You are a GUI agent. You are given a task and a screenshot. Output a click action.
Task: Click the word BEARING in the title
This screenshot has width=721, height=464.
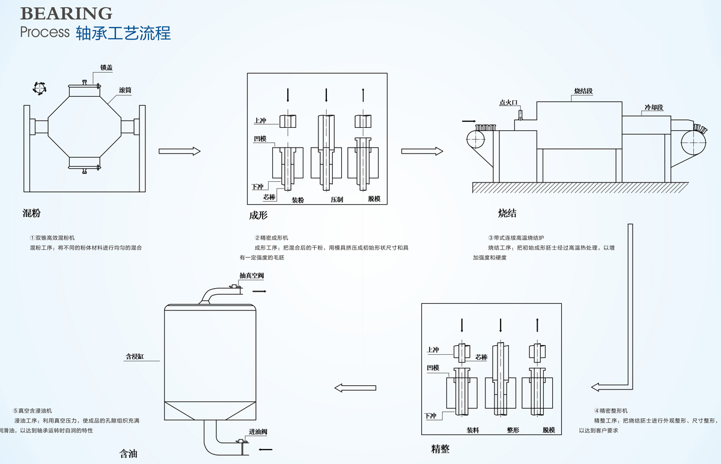point(66,13)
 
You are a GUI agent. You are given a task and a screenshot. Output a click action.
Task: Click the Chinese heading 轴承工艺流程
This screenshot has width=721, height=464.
point(124,33)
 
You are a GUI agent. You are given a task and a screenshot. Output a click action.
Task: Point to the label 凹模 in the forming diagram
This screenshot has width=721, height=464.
point(260,138)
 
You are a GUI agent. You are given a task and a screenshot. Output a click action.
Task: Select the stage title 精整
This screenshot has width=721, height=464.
point(440,449)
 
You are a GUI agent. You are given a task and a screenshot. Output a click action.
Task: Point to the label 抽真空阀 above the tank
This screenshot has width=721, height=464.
point(251,276)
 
